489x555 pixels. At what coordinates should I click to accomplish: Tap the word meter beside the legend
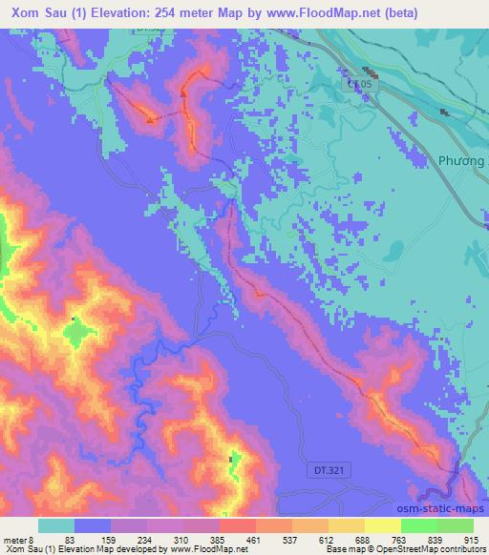tap(15, 539)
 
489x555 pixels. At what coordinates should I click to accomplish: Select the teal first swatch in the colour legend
tap(56, 525)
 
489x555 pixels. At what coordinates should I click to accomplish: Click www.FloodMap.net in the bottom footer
tap(203, 549)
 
